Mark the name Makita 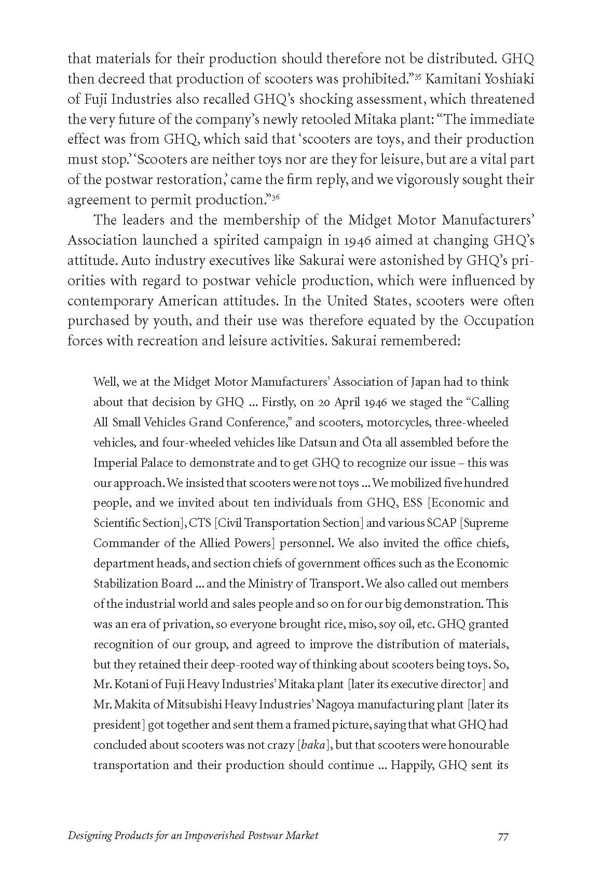[x=132, y=705]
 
